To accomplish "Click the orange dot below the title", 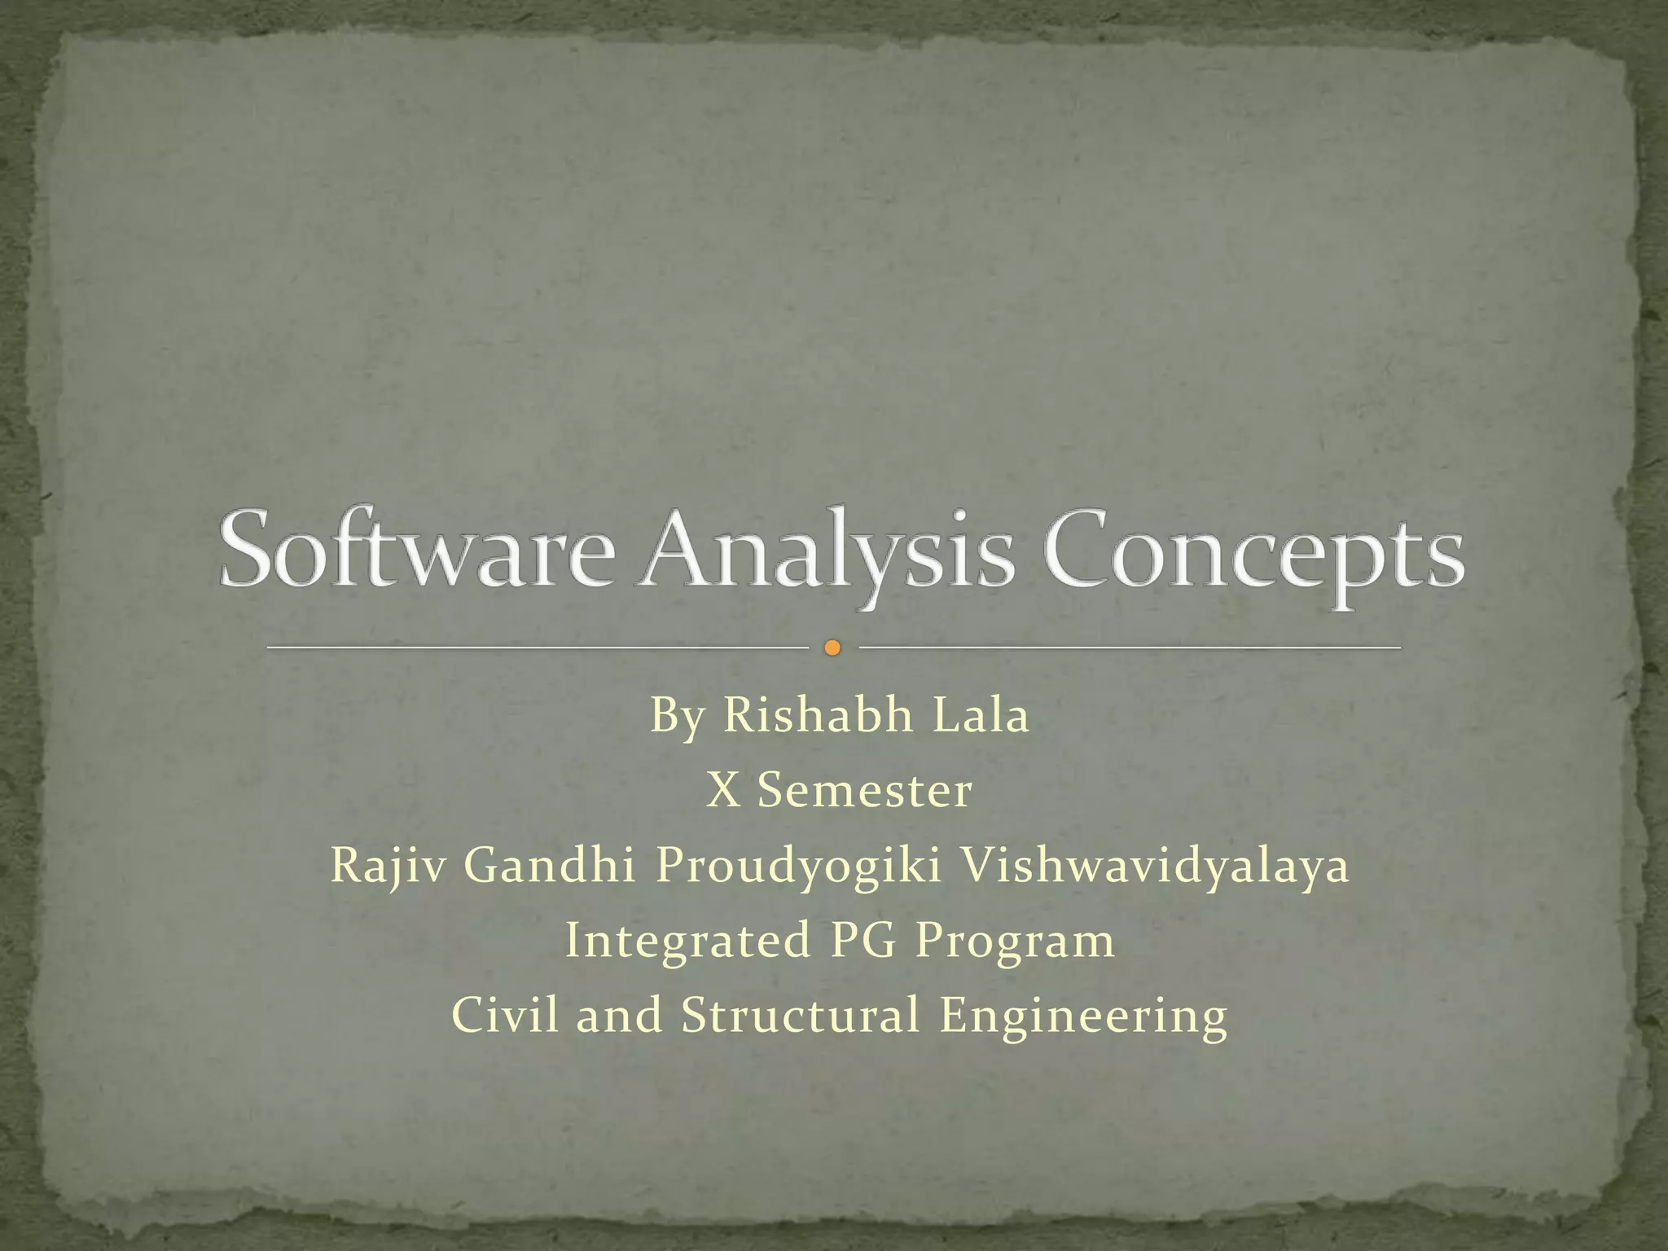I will [x=832, y=648].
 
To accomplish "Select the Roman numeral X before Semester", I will [x=722, y=790].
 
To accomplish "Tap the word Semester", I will [x=864, y=790].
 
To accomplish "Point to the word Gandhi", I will [x=550, y=865].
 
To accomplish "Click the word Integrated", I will [x=687, y=942].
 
